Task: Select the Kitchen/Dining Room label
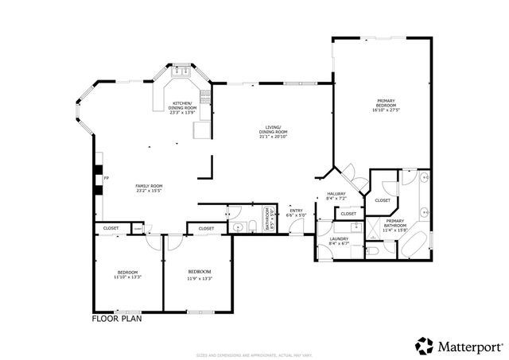[x=182, y=106]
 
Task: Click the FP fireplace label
[x=105, y=179]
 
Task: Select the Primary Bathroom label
[x=395, y=223]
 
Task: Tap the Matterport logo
[x=458, y=346]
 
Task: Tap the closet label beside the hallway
[x=349, y=214]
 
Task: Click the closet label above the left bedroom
[x=111, y=228]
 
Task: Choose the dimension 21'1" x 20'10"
[x=273, y=136]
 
